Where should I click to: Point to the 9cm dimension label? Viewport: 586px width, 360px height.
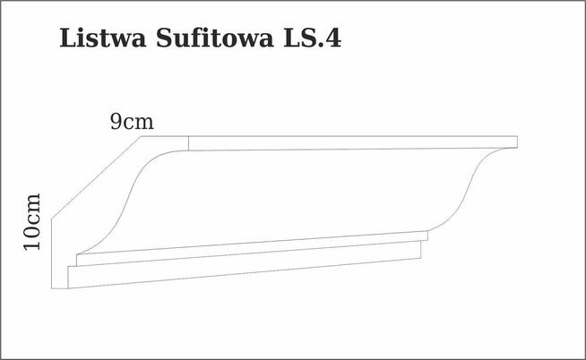point(132,122)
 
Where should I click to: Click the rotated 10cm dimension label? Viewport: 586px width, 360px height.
point(31,221)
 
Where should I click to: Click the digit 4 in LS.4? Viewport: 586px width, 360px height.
point(332,40)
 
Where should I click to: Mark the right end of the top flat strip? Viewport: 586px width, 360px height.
point(517,141)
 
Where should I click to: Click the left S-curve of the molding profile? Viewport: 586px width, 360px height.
point(130,197)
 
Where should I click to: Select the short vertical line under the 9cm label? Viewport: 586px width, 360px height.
point(189,143)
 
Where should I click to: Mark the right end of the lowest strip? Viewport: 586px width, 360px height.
point(420,250)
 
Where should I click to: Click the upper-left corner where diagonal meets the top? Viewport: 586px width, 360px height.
point(142,137)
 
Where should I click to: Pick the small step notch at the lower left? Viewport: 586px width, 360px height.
point(74,261)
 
